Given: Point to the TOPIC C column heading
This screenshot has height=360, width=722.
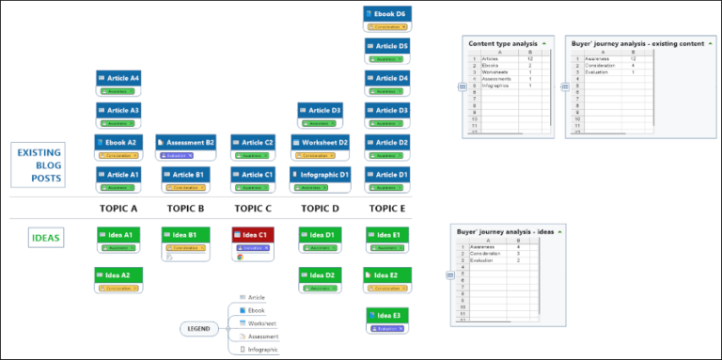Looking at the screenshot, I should click(x=253, y=208).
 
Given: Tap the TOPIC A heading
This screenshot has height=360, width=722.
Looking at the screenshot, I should click(x=118, y=208).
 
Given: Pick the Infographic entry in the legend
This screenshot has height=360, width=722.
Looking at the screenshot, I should click(x=262, y=349).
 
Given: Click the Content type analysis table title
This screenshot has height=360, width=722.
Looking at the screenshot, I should click(x=503, y=43).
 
